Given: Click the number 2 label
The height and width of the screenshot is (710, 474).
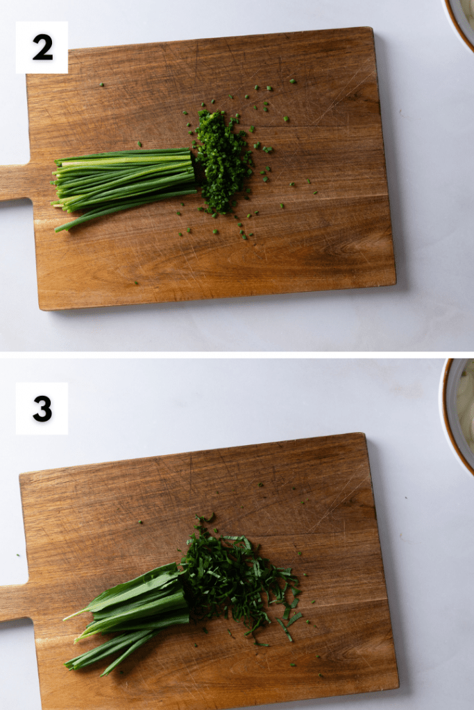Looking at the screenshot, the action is [x=42, y=48].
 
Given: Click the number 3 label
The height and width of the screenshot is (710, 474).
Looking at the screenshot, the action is [x=42, y=408].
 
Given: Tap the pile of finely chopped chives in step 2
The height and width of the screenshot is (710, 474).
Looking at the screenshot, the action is [x=223, y=162].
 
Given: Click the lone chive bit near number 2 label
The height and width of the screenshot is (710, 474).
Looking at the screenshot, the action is [x=101, y=84].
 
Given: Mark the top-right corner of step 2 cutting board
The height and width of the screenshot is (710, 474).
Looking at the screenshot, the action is [x=372, y=28].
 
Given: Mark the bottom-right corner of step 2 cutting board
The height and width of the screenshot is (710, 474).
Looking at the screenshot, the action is [x=395, y=284].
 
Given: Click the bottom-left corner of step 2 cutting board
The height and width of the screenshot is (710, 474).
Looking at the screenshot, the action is [x=41, y=310].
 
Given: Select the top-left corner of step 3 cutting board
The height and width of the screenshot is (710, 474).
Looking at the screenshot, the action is [x=20, y=475].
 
